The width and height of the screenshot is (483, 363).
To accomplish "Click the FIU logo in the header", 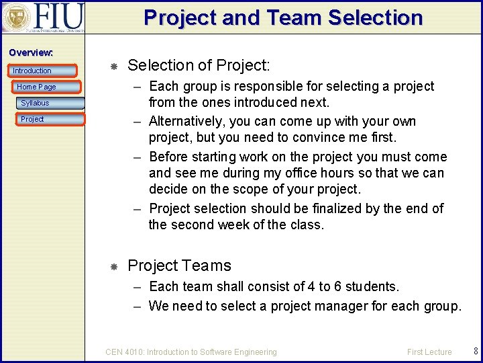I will point(43,17).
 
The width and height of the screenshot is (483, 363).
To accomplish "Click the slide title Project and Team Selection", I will point(283,17).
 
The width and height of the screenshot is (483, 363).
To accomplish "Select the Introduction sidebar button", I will point(32,71).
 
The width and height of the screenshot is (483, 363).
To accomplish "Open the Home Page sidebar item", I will point(36,87).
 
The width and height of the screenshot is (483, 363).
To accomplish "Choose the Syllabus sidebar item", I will point(35,103).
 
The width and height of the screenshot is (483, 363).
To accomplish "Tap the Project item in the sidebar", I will point(32,119).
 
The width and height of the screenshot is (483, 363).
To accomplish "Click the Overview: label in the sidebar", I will point(31,52).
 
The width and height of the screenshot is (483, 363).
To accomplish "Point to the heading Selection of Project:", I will point(199,65).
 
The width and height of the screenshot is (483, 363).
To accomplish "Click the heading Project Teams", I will point(179,266).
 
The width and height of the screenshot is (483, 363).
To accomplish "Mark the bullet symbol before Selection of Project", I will point(114,66).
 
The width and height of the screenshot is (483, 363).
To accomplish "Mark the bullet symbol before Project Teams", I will point(114,266).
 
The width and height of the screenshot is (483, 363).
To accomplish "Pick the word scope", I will point(264,189).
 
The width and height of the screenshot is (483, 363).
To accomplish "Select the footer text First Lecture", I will point(429,352).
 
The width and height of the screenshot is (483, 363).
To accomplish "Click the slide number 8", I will point(476,351).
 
